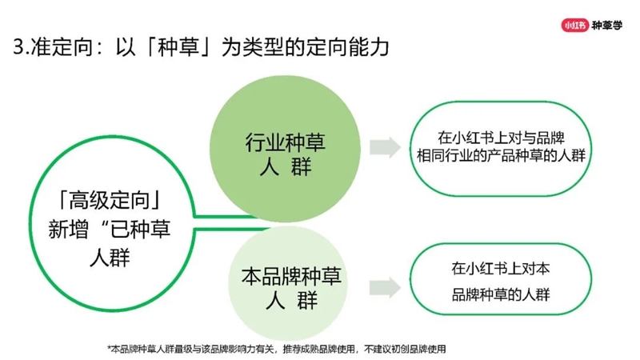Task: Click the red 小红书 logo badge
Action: [574, 26]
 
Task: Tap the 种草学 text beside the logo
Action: [607, 26]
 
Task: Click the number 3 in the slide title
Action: [18, 47]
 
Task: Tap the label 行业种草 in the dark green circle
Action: [285, 142]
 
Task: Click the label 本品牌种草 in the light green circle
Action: [291, 276]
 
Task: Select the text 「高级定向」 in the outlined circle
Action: [110, 200]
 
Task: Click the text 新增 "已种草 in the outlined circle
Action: [110, 229]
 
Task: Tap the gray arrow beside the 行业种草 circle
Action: [386, 147]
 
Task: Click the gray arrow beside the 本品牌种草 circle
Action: [386, 288]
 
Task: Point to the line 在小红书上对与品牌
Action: [501, 138]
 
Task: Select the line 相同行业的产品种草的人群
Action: [501, 155]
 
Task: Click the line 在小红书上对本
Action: [501, 268]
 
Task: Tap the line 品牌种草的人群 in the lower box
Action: [501, 294]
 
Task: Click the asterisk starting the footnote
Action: [109, 348]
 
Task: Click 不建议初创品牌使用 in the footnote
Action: [405, 350]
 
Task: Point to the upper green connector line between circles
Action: [224, 216]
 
